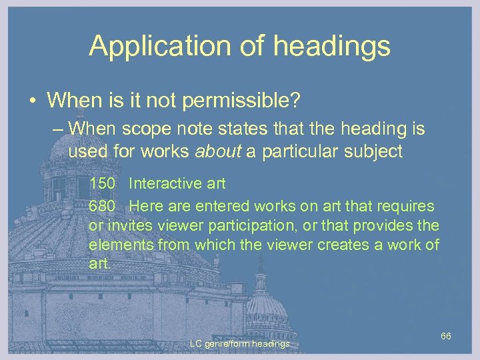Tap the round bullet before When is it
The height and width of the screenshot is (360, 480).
coord(32,101)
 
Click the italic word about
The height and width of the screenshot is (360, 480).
coord(218,151)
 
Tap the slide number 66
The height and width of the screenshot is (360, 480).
coord(446,335)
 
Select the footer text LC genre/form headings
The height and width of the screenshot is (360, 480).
coord(239,344)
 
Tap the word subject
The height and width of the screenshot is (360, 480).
coord(373,151)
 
